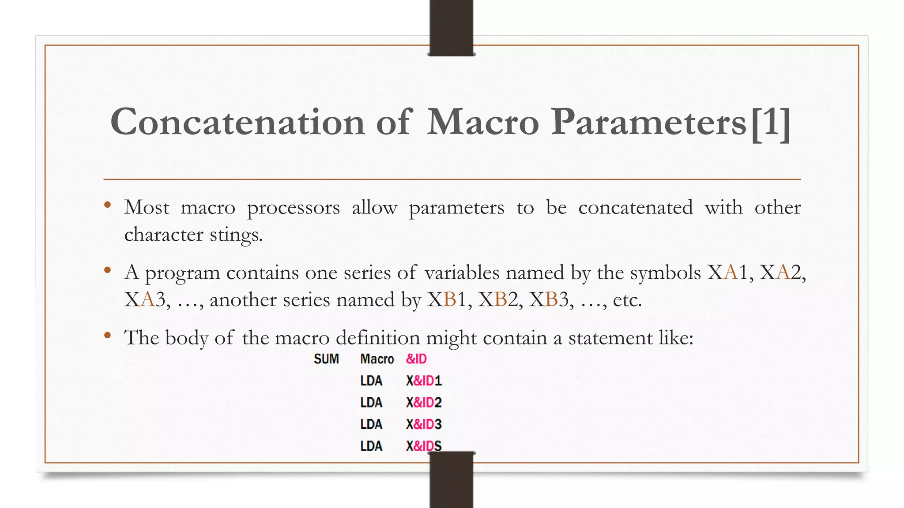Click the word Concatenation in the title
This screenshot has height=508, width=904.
click(237, 122)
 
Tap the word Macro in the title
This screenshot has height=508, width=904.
click(483, 122)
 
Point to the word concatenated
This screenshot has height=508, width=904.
click(635, 207)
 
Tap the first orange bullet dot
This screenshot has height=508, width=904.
click(107, 205)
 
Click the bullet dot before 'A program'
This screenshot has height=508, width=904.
click(107, 270)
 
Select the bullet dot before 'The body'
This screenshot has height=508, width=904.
click(107, 336)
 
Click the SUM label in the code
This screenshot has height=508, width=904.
click(326, 359)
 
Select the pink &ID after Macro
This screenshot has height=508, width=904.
click(416, 359)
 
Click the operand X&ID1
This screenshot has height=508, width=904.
click(424, 381)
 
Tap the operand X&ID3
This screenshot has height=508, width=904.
click(424, 424)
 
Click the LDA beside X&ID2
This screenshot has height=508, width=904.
click(371, 403)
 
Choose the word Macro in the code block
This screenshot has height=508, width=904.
click(377, 359)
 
